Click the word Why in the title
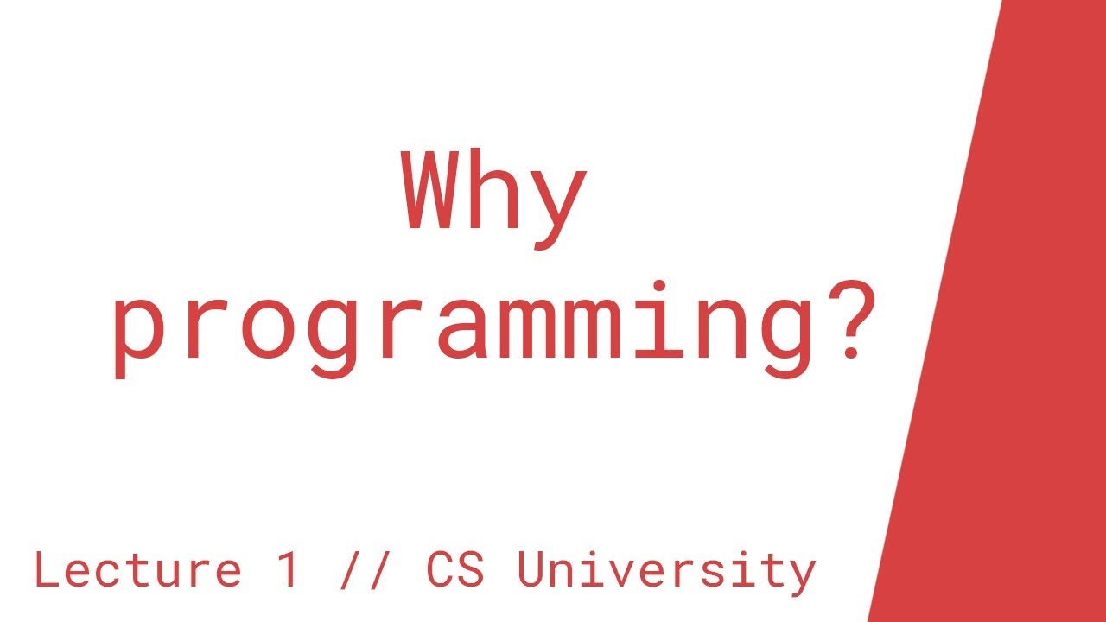pos(493,194)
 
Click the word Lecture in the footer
pos(137,570)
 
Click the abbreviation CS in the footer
pos(454,570)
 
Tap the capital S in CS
pos(471,570)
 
